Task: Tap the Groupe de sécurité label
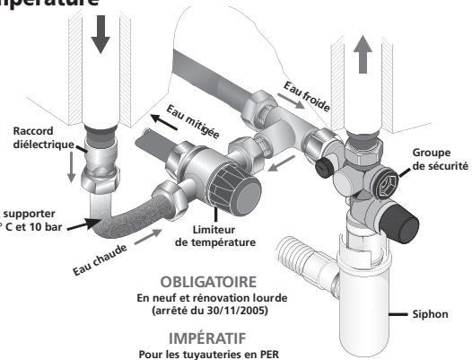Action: pyautogui.click(x=438, y=159)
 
